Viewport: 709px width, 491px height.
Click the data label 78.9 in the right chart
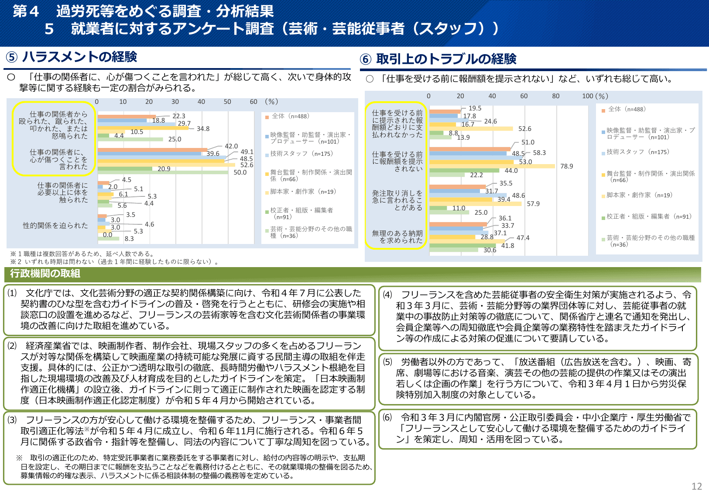566,166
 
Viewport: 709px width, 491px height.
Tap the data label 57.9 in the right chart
533,204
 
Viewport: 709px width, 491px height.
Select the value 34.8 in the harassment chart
203,129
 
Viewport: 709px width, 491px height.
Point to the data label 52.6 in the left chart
247,165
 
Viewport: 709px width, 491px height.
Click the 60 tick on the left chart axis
253,102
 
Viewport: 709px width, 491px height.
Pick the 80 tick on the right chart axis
555,96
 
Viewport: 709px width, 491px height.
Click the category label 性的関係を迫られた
55,226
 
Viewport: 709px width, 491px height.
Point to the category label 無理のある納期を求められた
397,237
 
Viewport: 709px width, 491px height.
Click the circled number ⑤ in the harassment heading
12,57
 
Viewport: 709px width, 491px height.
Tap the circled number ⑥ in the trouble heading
366,59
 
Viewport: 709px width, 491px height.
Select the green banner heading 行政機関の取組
45,274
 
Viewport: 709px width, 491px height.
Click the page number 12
696,486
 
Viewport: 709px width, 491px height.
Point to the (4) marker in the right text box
387,295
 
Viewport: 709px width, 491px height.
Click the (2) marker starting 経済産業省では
12,346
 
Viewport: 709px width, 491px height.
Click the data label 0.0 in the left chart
107,235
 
